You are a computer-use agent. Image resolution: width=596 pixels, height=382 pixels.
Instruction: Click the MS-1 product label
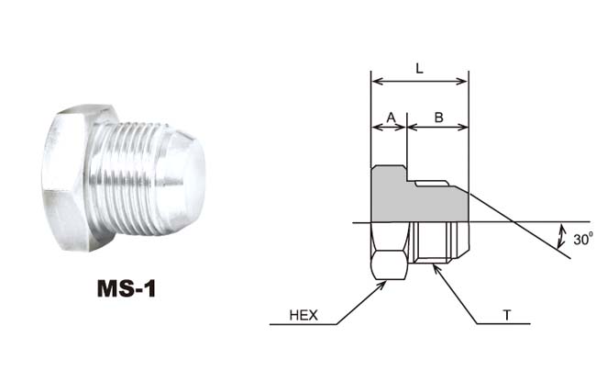[x=127, y=288]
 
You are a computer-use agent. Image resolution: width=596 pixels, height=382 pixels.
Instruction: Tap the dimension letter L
[x=419, y=69]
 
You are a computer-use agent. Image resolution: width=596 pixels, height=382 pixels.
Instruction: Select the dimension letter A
[x=391, y=118]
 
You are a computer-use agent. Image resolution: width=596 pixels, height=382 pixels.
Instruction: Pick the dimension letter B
[x=438, y=118]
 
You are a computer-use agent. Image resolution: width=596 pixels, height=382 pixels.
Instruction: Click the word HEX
[x=304, y=315]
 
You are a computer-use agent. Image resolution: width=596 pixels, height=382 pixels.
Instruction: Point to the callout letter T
[x=507, y=315]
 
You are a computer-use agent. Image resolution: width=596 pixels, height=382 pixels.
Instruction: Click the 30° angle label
[x=583, y=239]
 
